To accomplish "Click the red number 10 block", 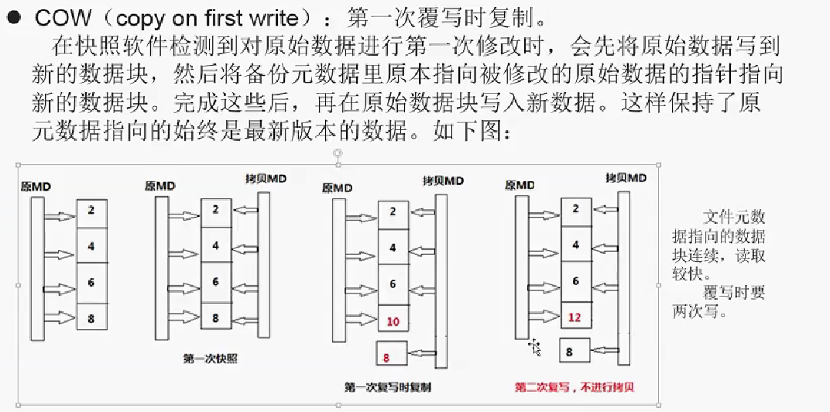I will click(393, 320).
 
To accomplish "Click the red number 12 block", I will click(574, 317).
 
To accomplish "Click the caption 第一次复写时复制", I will click(388, 386).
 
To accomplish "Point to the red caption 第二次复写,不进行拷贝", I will click(574, 386).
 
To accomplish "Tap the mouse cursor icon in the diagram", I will click(535, 347).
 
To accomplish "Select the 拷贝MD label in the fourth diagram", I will click(626, 177).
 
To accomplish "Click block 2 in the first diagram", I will click(91, 211).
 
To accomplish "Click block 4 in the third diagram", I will click(393, 248).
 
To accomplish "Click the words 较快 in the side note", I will click(688, 273).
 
